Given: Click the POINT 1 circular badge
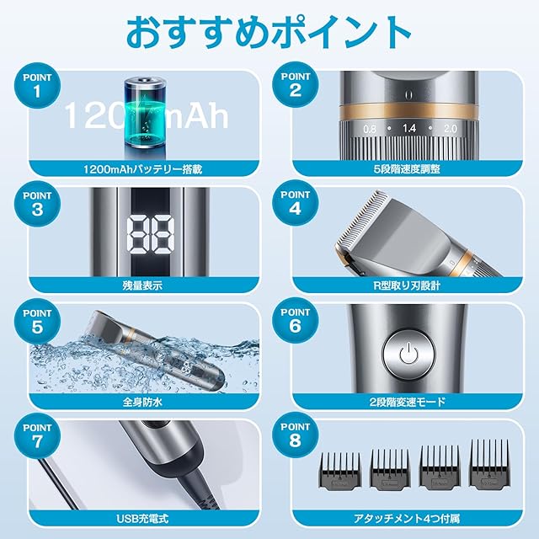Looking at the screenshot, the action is [x=37, y=85].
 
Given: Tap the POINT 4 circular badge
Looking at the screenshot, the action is [x=296, y=203].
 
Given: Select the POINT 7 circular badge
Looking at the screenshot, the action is [x=37, y=436].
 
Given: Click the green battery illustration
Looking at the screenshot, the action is [x=145, y=113].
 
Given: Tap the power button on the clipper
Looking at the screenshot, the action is [x=408, y=355].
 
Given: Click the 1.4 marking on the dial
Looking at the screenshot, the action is [x=409, y=129].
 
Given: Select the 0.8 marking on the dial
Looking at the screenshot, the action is [x=370, y=129].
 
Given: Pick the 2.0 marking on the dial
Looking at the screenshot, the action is [x=451, y=129].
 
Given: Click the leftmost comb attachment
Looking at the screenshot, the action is [x=339, y=471].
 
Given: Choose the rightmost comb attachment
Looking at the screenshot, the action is [x=490, y=464].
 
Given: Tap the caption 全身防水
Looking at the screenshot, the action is [x=142, y=402].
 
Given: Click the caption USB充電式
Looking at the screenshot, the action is [x=142, y=519].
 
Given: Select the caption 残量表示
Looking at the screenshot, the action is [x=142, y=286].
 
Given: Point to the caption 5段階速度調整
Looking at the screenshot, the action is [x=407, y=168].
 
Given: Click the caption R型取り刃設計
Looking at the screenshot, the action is [x=407, y=286].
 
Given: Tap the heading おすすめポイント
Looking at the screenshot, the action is [x=269, y=34].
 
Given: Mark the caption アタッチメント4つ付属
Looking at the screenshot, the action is [x=407, y=519].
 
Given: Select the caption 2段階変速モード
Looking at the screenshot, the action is [x=407, y=402].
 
